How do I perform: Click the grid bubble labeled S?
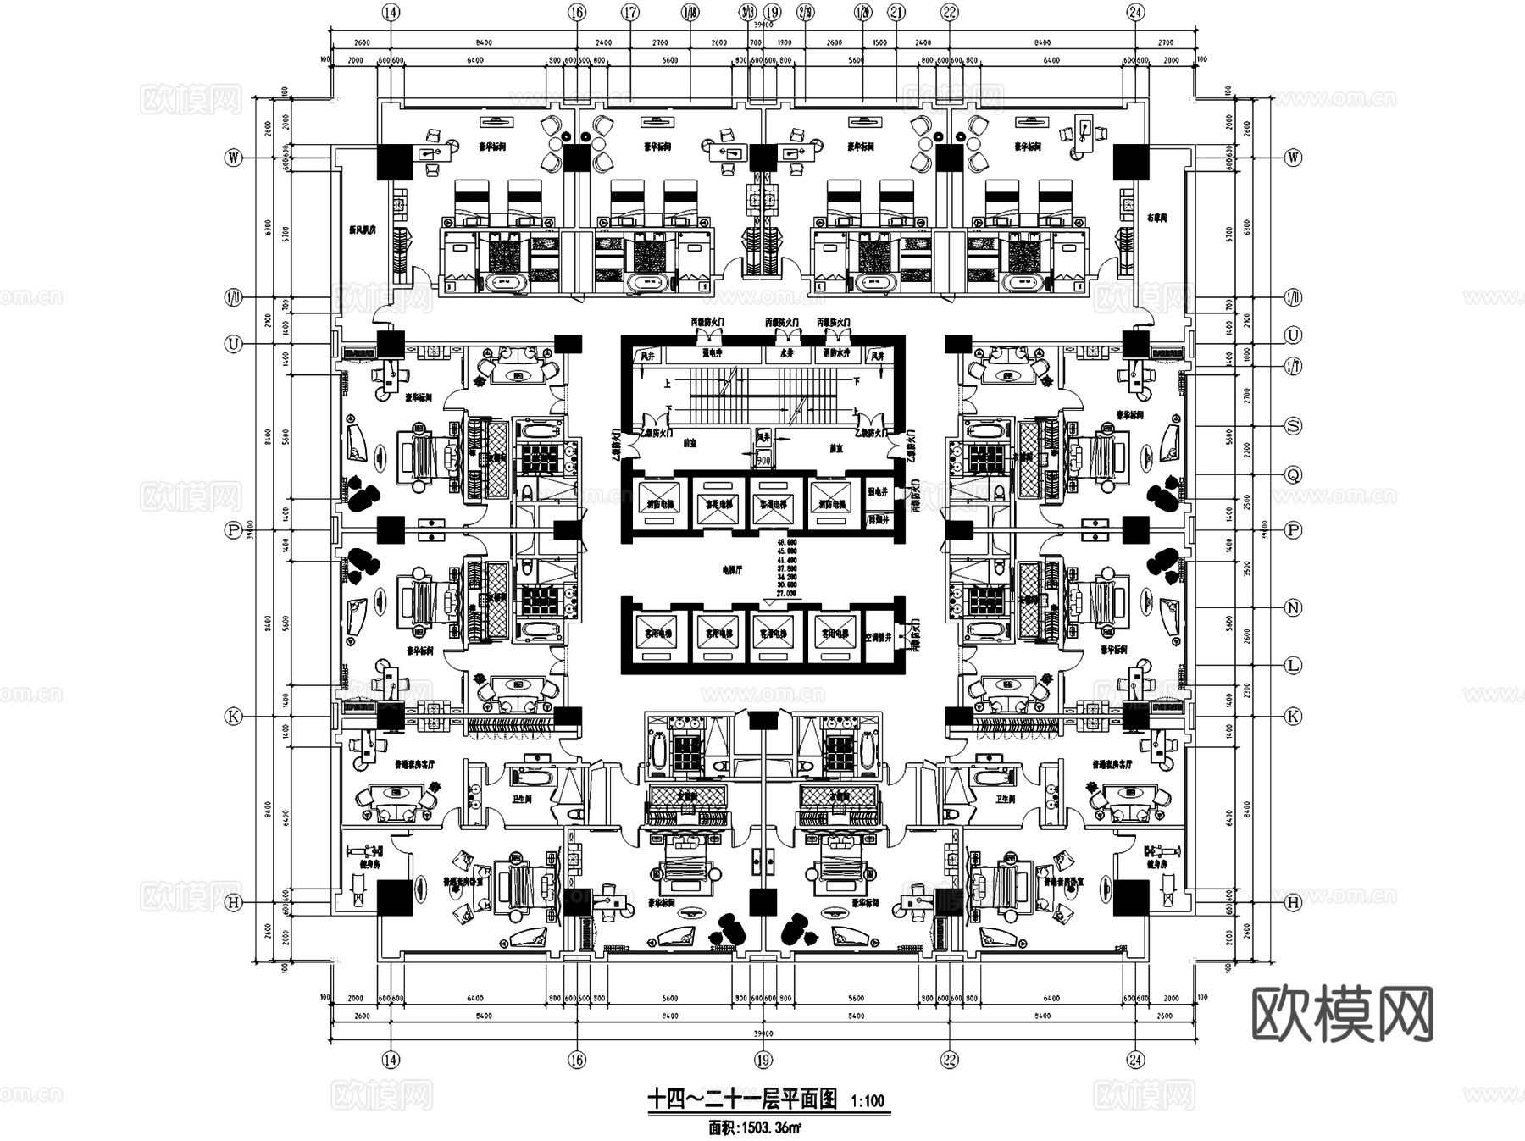pyautogui.click(x=1293, y=426)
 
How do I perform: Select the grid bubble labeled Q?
pyautogui.click(x=1293, y=475)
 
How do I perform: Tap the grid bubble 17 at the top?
pyautogui.click(x=629, y=12)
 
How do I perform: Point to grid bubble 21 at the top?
pyautogui.click(x=897, y=12)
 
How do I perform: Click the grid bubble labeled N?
pyautogui.click(x=1293, y=607)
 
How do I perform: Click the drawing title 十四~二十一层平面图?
pyautogui.click(x=742, y=1099)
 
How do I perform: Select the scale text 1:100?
pyautogui.click(x=867, y=1101)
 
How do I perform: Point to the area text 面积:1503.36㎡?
pyautogui.click(x=756, y=1127)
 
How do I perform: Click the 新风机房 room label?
pyautogui.click(x=362, y=229)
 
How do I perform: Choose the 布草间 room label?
pyautogui.click(x=1156, y=218)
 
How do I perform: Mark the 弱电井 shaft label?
pyautogui.click(x=877, y=491)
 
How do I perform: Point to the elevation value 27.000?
pyautogui.click(x=787, y=594)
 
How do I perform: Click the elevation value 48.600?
pyautogui.click(x=787, y=541)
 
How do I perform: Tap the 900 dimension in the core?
pyautogui.click(x=763, y=460)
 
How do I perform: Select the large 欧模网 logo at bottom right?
pyautogui.click(x=1341, y=1013)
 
